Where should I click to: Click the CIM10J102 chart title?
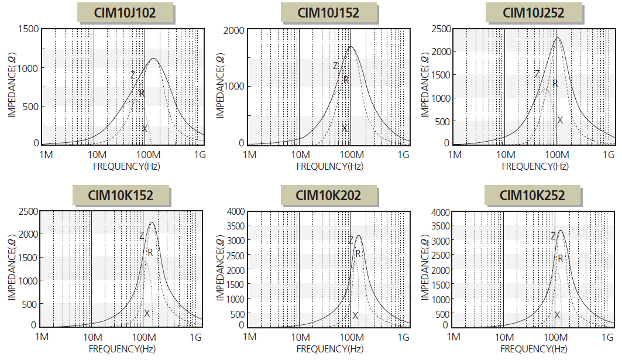[125, 13]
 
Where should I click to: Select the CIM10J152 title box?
[328, 13]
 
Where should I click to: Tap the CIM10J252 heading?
[533, 13]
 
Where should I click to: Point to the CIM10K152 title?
[121, 195]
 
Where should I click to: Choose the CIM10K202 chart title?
[328, 195]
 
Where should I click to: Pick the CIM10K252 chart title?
[533, 195]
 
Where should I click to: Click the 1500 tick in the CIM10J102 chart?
[28, 29]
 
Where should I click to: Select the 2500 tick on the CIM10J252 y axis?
[441, 29]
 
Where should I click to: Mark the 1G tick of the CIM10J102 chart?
[200, 155]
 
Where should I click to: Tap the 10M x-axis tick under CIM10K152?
[92, 337]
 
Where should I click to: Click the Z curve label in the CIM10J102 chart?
[133, 75]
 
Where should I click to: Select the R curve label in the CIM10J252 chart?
[555, 84]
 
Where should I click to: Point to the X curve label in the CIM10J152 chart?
[345, 128]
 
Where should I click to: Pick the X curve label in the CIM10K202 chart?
[355, 316]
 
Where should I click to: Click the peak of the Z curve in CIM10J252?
[558, 38]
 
